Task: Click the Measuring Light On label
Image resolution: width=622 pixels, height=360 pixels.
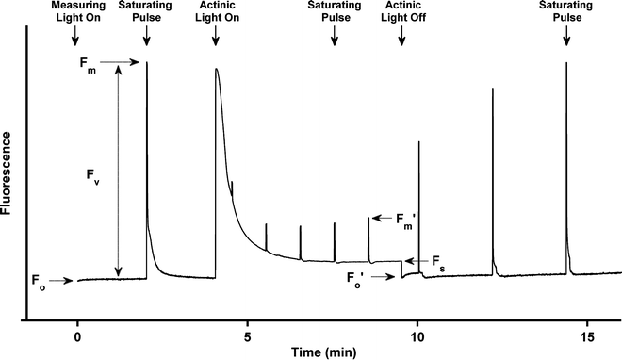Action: (77, 11)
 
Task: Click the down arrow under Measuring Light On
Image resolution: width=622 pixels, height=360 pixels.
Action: (77, 36)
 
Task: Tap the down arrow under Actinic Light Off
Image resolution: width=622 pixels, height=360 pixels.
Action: (402, 36)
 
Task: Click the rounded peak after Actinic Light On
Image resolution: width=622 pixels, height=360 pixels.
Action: (217, 71)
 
